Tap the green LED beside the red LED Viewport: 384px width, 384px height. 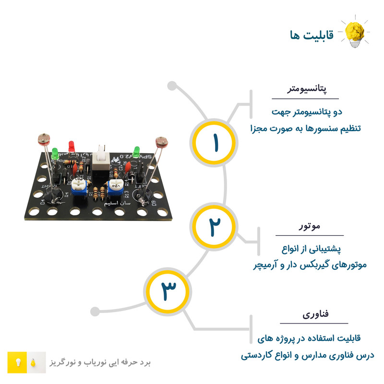click(x=55, y=154)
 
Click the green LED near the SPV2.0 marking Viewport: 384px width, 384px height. click(x=137, y=152)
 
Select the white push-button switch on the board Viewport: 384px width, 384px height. click(x=101, y=156)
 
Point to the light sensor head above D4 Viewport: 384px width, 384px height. click(x=43, y=140)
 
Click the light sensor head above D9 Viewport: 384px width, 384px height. click(x=160, y=142)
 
